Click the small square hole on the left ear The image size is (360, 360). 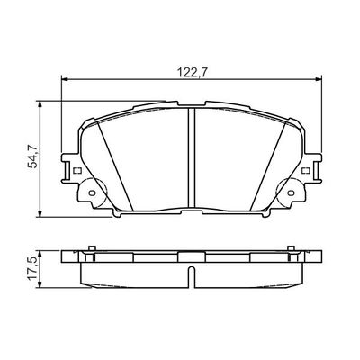pos(77,172)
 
